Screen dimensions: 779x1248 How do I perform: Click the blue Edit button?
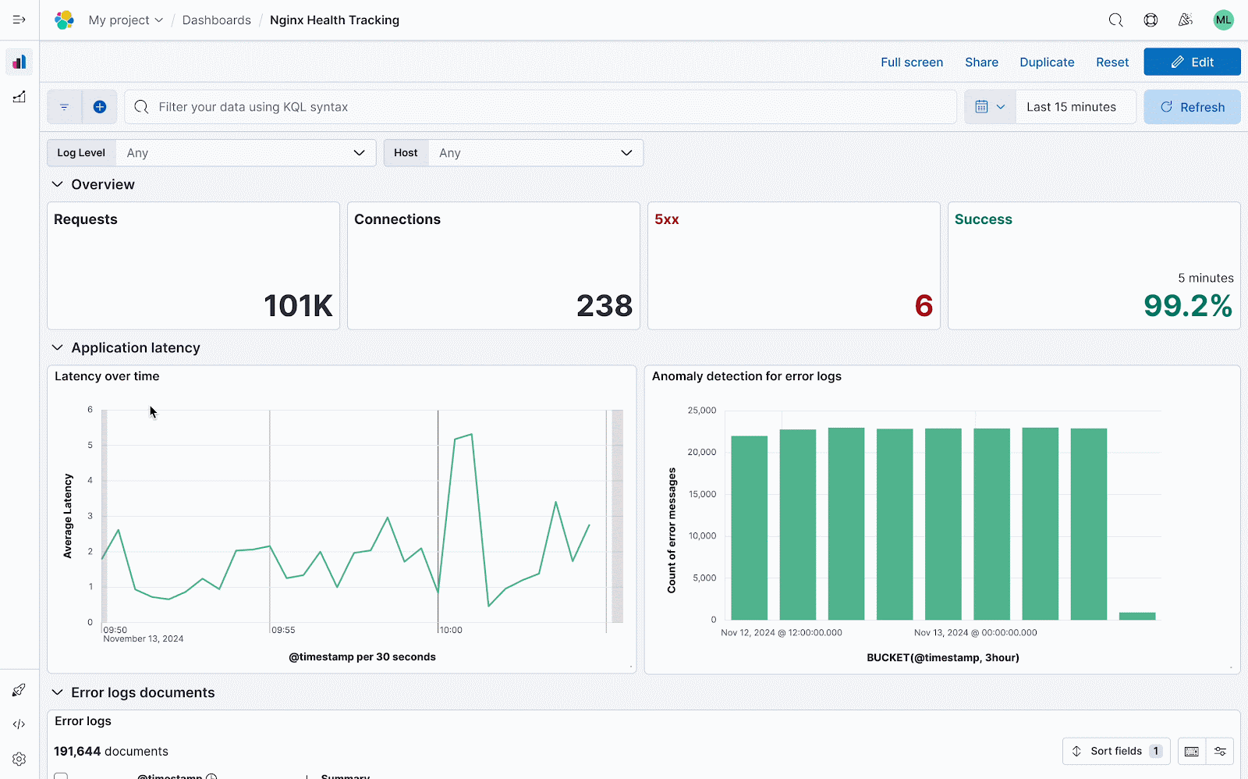pyautogui.click(x=1192, y=62)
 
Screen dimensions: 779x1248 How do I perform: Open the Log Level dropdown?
pyautogui.click(x=245, y=153)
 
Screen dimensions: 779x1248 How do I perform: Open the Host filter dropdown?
pyautogui.click(x=535, y=153)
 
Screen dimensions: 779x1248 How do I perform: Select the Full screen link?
pyautogui.click(x=912, y=62)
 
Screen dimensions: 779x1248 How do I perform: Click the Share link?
pyautogui.click(x=981, y=62)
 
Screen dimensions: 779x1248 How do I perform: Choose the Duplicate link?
pyautogui.click(x=1047, y=62)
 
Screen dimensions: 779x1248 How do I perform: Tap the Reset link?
pyautogui.click(x=1112, y=62)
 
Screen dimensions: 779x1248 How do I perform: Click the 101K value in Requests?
pyautogui.click(x=298, y=306)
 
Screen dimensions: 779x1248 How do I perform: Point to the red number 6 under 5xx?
pyautogui.click(x=924, y=306)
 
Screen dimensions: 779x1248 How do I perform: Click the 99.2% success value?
pyautogui.click(x=1187, y=306)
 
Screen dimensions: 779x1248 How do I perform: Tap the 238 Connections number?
pyautogui.click(x=604, y=306)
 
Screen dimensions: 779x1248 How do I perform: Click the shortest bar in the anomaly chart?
pyautogui.click(x=1136, y=616)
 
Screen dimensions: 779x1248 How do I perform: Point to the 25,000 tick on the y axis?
pyautogui.click(x=701, y=411)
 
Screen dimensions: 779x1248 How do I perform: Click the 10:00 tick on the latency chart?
pyautogui.click(x=451, y=630)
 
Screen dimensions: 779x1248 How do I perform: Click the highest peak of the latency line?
pyautogui.click(x=471, y=434)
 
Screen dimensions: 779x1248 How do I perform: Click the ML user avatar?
pyautogui.click(x=1223, y=20)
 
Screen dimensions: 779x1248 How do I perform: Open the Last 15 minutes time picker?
pyautogui.click(x=1071, y=107)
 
